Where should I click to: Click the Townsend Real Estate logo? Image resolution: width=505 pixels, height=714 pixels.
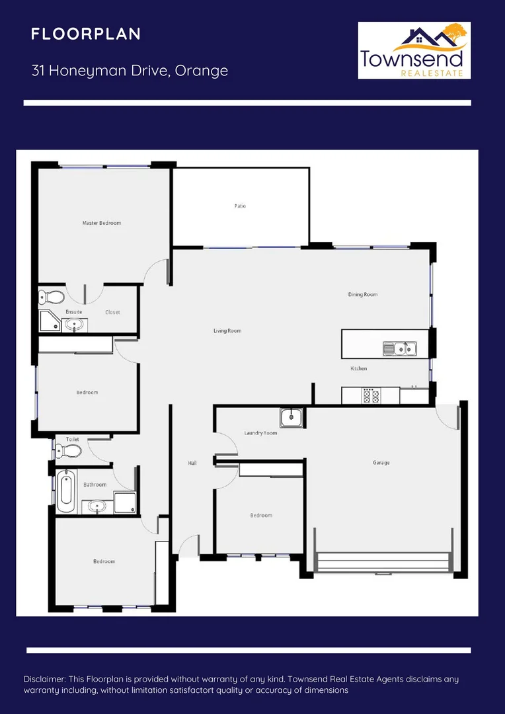(414, 50)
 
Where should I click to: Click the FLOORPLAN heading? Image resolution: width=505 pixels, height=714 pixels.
(86, 34)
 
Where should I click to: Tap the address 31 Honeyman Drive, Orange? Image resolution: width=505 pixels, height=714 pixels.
(130, 71)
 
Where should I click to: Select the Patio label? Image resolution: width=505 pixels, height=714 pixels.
(240, 206)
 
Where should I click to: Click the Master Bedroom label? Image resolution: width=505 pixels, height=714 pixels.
(102, 223)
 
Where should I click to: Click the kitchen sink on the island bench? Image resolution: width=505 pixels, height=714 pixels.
(399, 347)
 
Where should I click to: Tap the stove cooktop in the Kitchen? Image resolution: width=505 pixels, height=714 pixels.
(371, 395)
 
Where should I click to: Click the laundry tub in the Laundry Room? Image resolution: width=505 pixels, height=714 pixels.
(291, 417)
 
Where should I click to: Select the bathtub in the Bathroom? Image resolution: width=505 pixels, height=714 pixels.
(65, 491)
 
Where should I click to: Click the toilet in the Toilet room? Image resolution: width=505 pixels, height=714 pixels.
(69, 451)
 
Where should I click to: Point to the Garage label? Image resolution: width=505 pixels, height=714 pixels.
(381, 463)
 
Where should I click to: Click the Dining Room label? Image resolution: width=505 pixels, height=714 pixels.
(363, 294)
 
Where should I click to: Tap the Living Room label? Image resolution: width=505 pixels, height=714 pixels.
(227, 331)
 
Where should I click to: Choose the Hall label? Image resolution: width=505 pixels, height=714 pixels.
(192, 463)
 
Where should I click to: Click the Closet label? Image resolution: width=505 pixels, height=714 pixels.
(112, 312)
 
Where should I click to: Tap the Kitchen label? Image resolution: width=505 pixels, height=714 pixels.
(358, 368)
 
